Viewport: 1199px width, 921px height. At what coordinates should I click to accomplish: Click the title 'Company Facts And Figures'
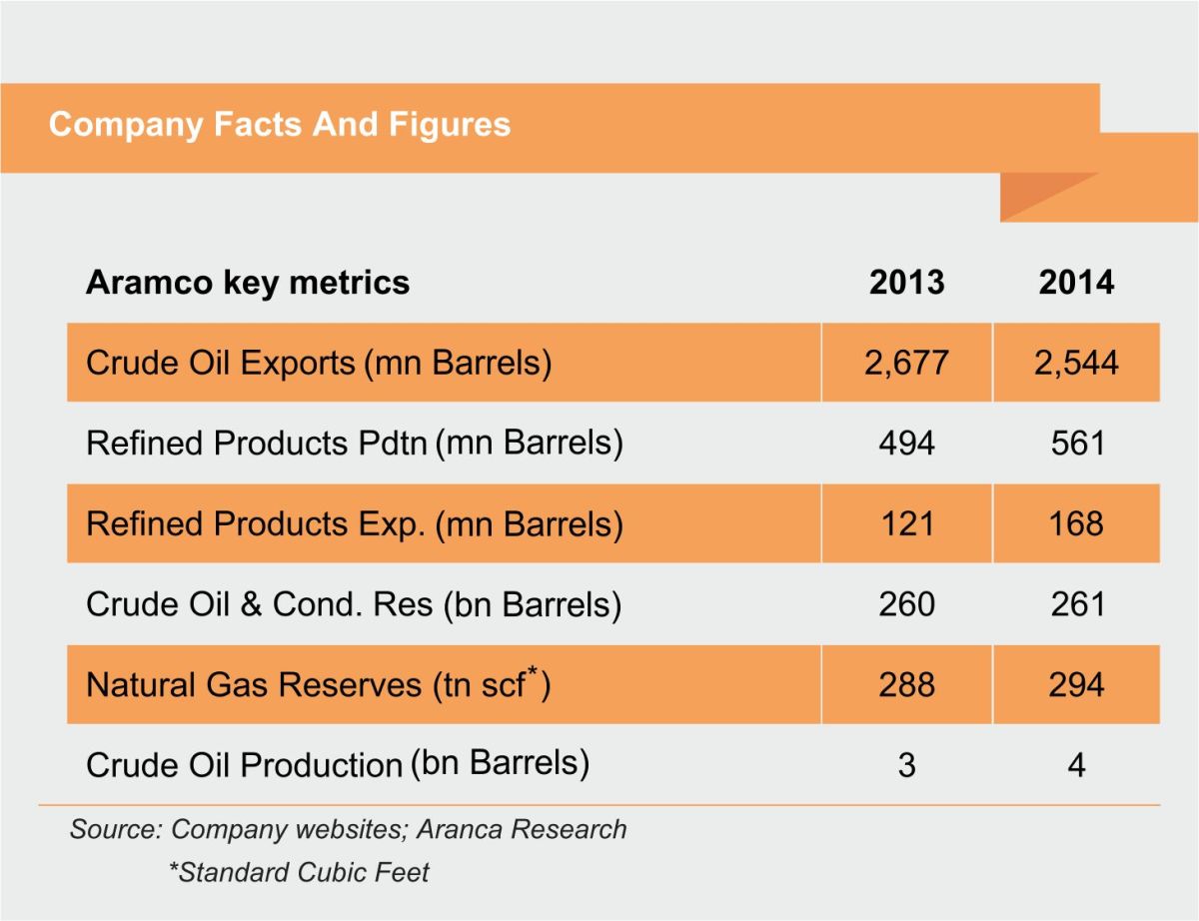tap(280, 125)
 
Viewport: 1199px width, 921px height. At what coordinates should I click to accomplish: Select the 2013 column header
tap(906, 283)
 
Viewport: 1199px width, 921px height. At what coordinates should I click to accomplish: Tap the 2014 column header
tap(1076, 283)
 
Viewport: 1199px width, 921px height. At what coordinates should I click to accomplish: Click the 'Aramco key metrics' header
tap(248, 283)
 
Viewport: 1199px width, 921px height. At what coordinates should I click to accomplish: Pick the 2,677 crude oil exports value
tap(906, 362)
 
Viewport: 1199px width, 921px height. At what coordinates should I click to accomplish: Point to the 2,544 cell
tap(1076, 362)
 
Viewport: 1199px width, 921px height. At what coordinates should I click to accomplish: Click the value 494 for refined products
tap(906, 443)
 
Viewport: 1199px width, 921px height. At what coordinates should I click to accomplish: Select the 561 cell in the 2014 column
tap(1076, 443)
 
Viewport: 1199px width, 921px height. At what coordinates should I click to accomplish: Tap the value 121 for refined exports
tap(906, 523)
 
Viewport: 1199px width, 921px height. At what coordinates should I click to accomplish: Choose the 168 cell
tap(1076, 523)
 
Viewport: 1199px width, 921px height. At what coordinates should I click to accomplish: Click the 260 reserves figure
tap(906, 604)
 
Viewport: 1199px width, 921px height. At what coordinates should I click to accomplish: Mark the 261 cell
tap(1076, 604)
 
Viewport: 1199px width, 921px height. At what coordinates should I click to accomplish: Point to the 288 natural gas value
tap(906, 684)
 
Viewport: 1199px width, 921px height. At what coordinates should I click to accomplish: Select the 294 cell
tap(1076, 684)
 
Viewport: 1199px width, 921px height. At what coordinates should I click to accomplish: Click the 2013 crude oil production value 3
tap(906, 766)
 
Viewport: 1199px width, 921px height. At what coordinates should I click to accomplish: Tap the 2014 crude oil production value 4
tap(1076, 766)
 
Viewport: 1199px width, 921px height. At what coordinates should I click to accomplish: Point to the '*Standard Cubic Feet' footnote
tap(299, 872)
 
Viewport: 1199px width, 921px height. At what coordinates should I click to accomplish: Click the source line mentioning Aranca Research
tap(348, 829)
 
